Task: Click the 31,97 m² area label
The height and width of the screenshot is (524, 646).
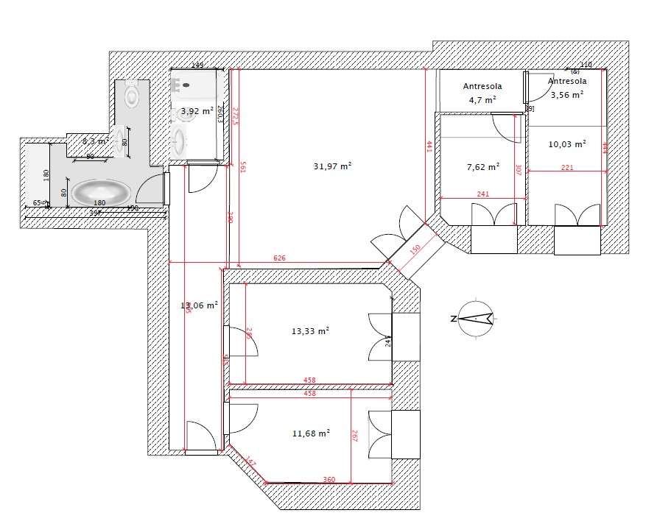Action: tap(331, 166)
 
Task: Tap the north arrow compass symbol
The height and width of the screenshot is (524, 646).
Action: tap(478, 318)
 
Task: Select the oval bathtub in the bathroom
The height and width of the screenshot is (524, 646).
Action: tap(102, 194)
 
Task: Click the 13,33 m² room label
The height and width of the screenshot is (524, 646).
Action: tap(310, 331)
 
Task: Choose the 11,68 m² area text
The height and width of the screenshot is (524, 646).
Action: tap(310, 433)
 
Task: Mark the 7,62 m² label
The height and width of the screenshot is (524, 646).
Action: tap(483, 166)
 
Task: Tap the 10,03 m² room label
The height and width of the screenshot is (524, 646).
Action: tap(567, 144)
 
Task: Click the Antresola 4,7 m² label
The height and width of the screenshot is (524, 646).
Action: tap(482, 93)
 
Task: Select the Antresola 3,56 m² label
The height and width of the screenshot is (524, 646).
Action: tap(567, 88)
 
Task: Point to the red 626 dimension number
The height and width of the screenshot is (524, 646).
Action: tap(279, 259)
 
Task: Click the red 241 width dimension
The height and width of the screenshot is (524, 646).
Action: tap(482, 195)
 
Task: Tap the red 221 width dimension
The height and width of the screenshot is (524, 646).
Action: tap(567, 169)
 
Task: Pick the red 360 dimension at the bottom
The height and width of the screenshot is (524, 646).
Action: tap(329, 480)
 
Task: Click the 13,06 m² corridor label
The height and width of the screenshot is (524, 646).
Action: tap(200, 305)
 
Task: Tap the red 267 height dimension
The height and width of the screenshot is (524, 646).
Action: tap(354, 436)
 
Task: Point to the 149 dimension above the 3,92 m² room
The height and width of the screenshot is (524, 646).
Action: tap(197, 65)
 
